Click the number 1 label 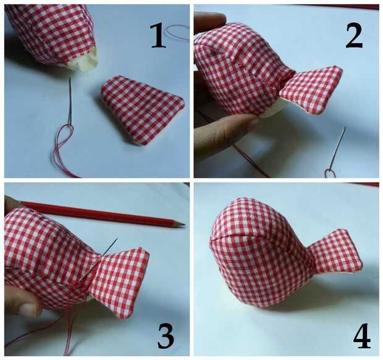pyautogui.click(x=158, y=36)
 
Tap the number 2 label pyautogui.click(x=354, y=36)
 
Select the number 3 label pyautogui.click(x=166, y=337)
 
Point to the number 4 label pyautogui.click(x=362, y=335)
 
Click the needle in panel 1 pyautogui.click(x=70, y=102)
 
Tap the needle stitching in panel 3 pyautogui.click(x=110, y=246)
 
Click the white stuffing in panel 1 pyautogui.click(x=84, y=61)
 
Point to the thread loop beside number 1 pyautogui.click(x=178, y=33)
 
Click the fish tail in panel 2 pyautogui.click(x=312, y=90)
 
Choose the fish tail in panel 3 pyautogui.click(x=119, y=282)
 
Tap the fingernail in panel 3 pyautogui.click(x=28, y=309)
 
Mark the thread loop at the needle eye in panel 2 pyautogui.click(x=330, y=174)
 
